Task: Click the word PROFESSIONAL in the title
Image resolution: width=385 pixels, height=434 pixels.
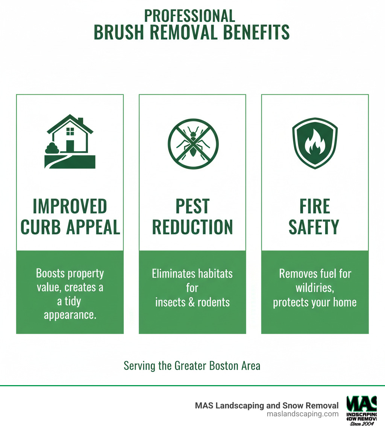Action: point(189,16)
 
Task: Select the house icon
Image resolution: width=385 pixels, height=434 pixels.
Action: point(70,141)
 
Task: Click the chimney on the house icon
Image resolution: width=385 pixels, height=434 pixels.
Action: point(80,121)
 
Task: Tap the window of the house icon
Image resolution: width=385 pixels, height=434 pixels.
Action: point(70,131)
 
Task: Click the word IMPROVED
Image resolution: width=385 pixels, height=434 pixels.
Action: point(70,206)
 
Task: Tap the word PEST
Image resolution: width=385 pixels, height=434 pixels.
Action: point(192,206)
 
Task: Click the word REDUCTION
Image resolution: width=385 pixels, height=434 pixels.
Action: point(192,227)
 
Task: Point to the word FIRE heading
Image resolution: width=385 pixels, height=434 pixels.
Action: point(315,206)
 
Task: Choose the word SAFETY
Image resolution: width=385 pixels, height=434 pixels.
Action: point(315,227)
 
